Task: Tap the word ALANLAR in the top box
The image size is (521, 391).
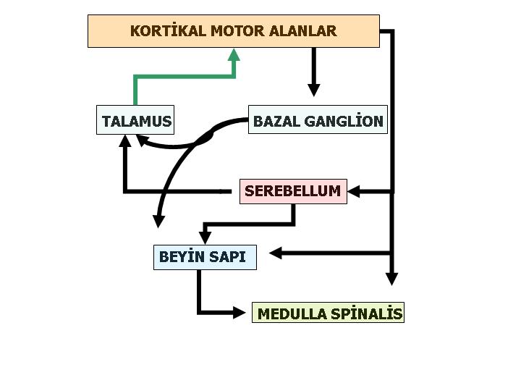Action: tap(305, 31)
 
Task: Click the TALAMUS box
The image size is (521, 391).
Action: tap(137, 121)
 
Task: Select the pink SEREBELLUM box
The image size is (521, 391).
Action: tap(292, 191)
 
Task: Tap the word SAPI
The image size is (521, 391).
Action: tap(229, 256)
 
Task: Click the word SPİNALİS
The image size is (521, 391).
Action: tap(367, 314)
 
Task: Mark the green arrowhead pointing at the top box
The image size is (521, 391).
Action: tap(234, 54)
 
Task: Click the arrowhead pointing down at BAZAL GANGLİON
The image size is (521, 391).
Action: tap(313, 90)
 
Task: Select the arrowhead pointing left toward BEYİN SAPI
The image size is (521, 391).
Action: tap(276, 253)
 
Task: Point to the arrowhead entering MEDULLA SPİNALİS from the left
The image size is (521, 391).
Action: tap(240, 312)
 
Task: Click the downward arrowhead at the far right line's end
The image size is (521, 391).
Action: tap(391, 279)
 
